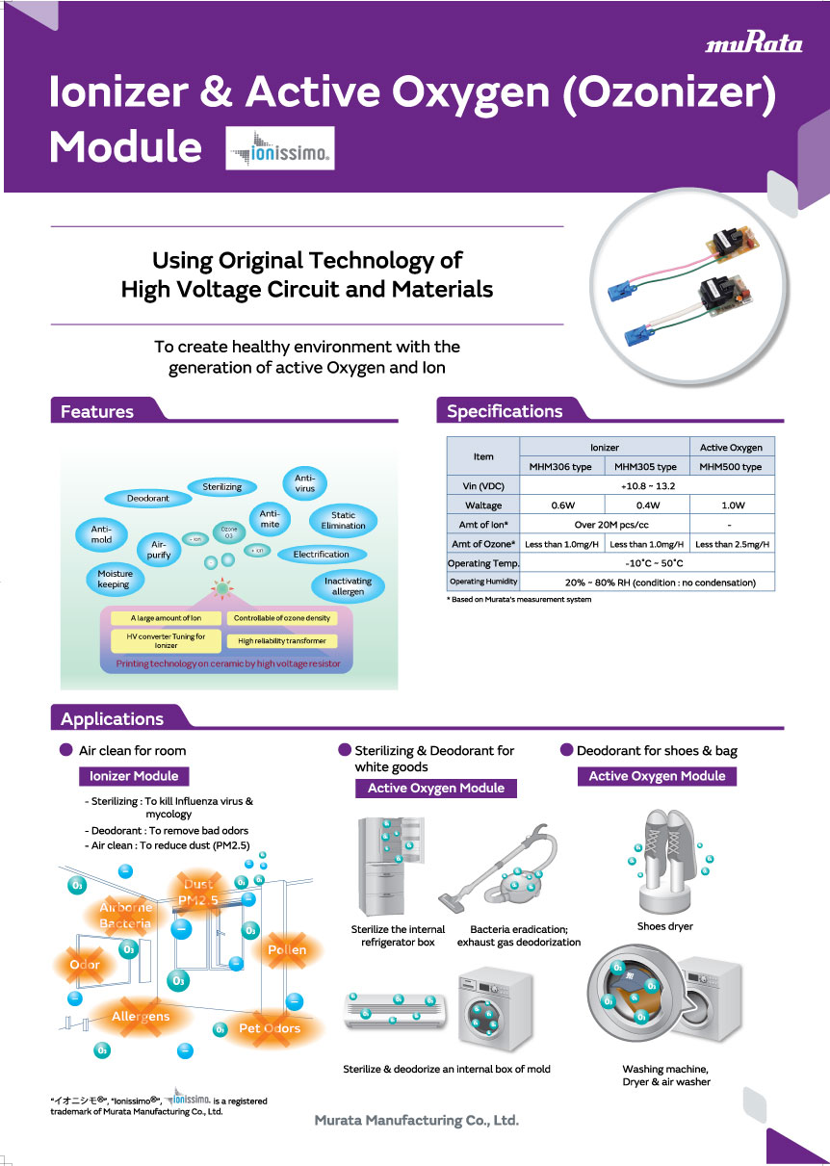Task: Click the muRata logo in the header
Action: tap(754, 44)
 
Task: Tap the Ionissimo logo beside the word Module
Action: tap(279, 148)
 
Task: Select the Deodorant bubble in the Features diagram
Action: tap(148, 499)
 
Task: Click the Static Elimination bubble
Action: tap(343, 521)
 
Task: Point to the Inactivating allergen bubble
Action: tap(348, 586)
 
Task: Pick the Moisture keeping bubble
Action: tap(115, 579)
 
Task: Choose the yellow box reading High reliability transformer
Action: tap(282, 640)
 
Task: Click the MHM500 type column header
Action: tap(731, 467)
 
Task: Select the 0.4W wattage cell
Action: tap(647, 505)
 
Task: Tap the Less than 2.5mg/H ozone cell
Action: tap(732, 544)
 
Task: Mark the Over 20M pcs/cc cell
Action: tap(604, 525)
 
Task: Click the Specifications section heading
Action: tap(505, 411)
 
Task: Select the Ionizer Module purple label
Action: tap(134, 776)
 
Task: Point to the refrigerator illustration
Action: tap(384, 866)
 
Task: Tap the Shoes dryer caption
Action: tap(664, 926)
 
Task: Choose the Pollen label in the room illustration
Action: tap(287, 950)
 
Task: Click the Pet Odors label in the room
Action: tap(270, 1028)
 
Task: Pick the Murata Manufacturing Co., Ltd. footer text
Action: tap(417, 1121)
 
